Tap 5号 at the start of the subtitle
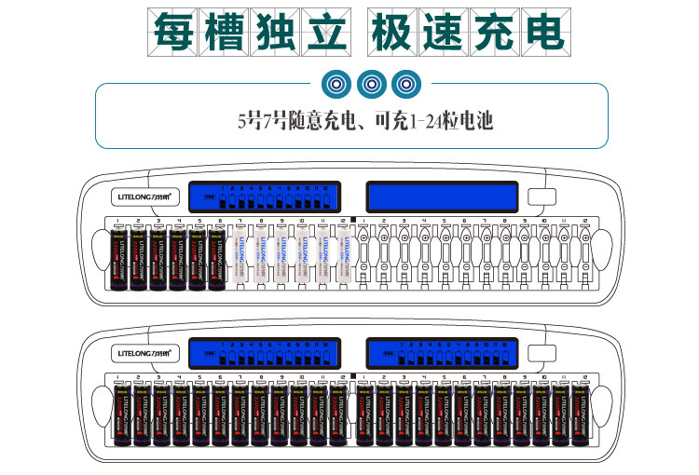(x=250, y=120)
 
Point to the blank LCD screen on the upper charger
(x=442, y=197)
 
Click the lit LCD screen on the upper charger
(x=260, y=197)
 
